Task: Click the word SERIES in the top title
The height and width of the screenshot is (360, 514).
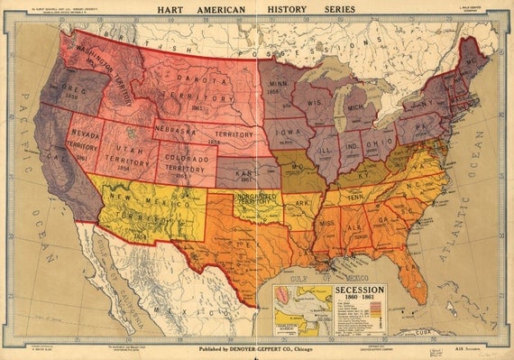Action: coord(335,9)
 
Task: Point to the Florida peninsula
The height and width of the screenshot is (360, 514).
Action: coord(411,275)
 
